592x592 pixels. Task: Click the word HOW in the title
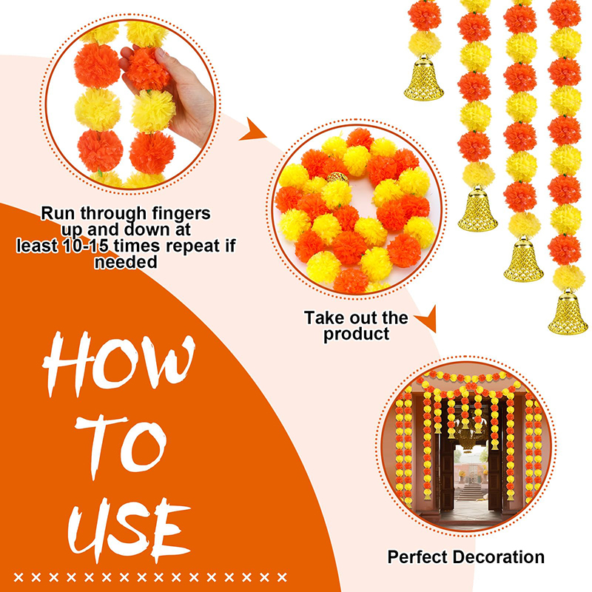[119, 363]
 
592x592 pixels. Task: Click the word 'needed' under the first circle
[126, 262]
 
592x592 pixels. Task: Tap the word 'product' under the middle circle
[356, 334]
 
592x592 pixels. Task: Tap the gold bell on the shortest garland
[423, 78]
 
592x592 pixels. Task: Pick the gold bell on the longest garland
[568, 312]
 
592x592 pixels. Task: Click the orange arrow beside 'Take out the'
[428, 320]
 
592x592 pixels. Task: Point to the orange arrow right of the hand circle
[252, 130]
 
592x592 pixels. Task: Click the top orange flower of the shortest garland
[424, 16]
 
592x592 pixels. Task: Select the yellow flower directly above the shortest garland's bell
[424, 44]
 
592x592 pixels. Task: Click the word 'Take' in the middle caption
[320, 318]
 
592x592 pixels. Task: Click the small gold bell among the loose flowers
[338, 178]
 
